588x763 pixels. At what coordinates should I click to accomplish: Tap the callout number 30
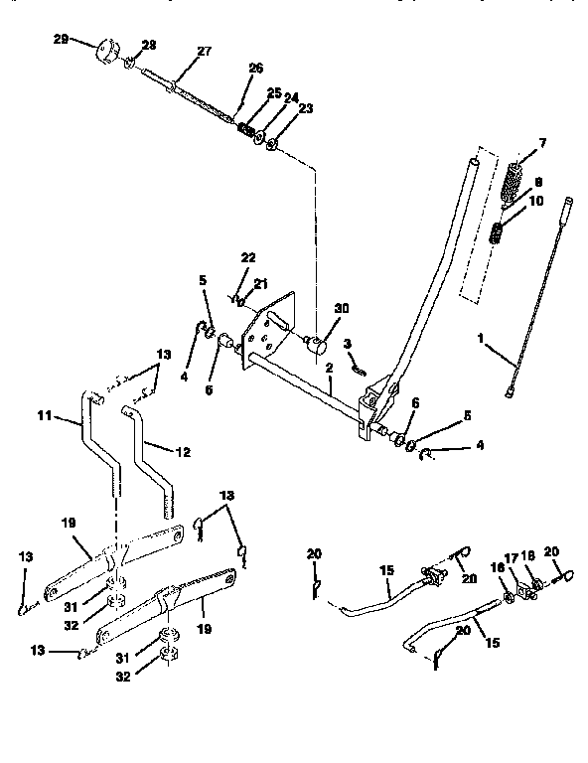pyautogui.click(x=344, y=308)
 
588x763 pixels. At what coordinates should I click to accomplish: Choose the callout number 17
pyautogui.click(x=514, y=558)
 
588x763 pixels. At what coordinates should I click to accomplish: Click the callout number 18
pyautogui.click(x=529, y=558)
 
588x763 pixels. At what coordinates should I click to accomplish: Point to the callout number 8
pyautogui.click(x=537, y=183)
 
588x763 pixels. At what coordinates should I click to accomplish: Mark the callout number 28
pyautogui.click(x=148, y=46)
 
